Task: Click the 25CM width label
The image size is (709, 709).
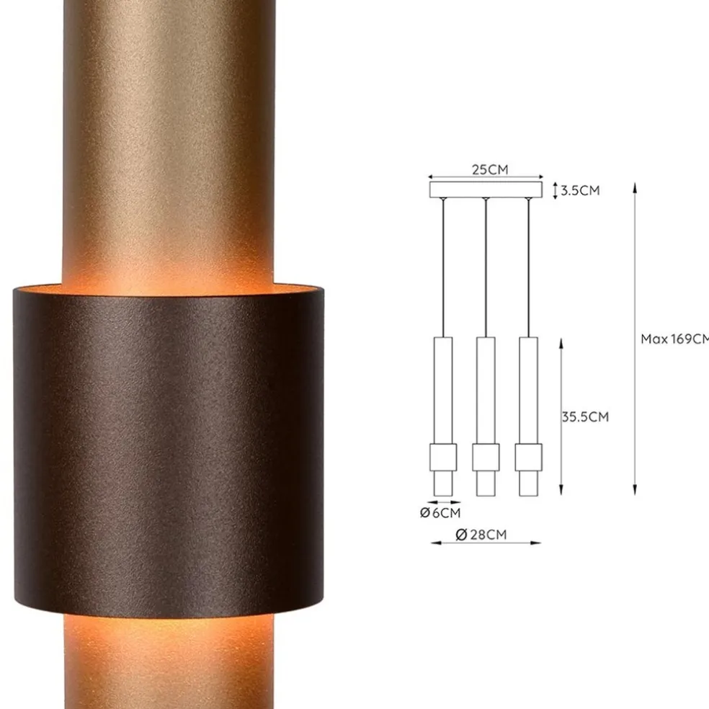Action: click(490, 170)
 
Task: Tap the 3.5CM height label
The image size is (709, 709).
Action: click(580, 191)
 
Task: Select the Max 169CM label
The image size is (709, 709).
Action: click(674, 339)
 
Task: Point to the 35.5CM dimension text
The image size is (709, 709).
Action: click(585, 416)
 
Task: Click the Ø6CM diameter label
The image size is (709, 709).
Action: click(440, 513)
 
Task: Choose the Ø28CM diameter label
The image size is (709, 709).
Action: click(481, 534)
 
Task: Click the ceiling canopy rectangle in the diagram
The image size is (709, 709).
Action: click(485, 189)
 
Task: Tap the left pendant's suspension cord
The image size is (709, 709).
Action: click(443, 267)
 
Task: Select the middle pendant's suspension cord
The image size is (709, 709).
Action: click(486, 267)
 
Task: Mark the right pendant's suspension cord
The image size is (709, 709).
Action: click(528, 267)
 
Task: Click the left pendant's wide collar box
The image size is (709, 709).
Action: click(443, 456)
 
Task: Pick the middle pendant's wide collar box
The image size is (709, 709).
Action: click(486, 456)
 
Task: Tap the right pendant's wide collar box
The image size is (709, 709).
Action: click(528, 456)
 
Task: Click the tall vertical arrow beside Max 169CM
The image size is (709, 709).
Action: click(635, 339)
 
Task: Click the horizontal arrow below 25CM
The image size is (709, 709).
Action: click(485, 177)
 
